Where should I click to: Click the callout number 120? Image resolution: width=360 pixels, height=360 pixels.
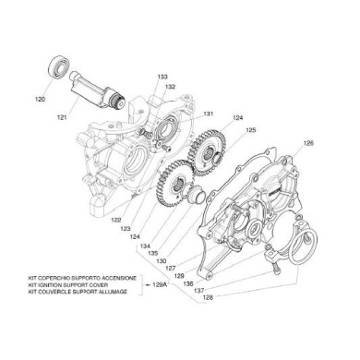point(41,99)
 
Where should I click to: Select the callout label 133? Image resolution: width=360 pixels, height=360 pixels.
point(163,77)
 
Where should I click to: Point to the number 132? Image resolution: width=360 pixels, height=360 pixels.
point(171,87)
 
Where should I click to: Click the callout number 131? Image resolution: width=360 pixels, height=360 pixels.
point(208,114)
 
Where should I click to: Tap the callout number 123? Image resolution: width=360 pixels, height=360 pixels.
point(125,229)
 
